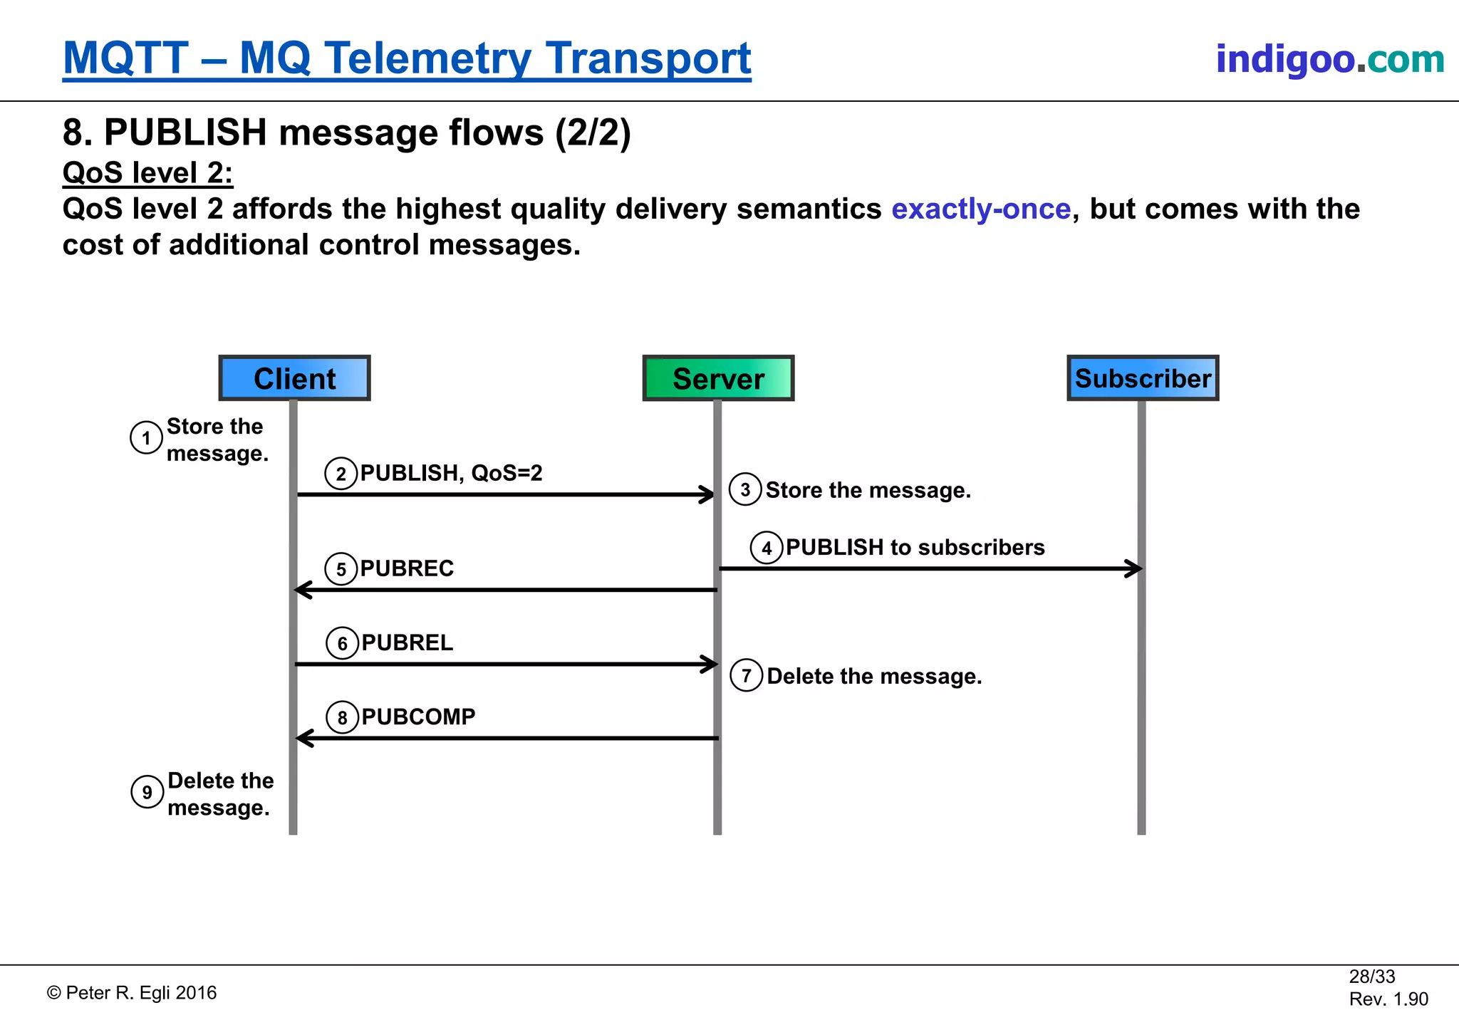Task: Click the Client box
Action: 294,378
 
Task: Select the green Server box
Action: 718,378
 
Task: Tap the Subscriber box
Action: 1143,378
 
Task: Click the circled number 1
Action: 146,437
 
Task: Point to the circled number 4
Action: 767,548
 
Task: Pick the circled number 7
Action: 746,675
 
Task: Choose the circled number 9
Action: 147,792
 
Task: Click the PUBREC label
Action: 407,568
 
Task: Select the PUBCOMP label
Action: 418,717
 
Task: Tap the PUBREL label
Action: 407,642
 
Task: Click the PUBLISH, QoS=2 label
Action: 451,473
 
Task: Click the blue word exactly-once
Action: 981,209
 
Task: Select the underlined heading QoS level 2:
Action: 147,173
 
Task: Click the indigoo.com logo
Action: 1329,59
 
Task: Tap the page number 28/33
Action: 1371,977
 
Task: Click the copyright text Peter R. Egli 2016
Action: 133,993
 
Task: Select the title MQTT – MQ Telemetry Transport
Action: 407,58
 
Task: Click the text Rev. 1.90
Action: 1388,999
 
